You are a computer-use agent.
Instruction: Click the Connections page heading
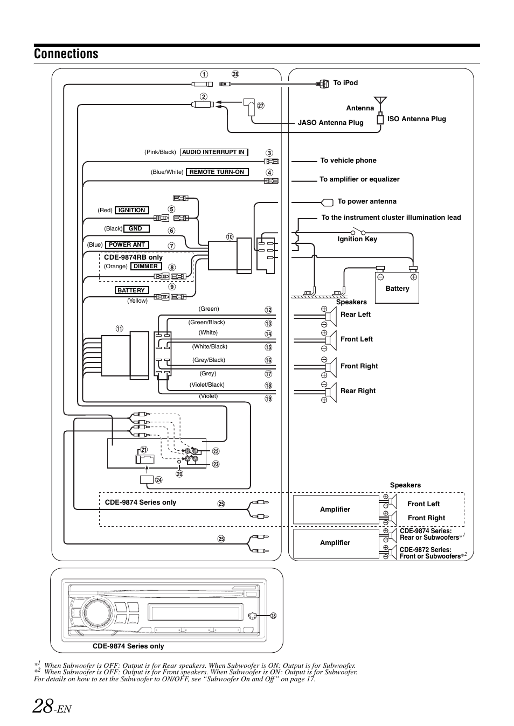[x=66, y=54]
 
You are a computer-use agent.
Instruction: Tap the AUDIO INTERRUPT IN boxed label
[x=213, y=152]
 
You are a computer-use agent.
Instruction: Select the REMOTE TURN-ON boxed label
[x=217, y=172]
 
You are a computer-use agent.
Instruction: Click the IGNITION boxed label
[x=132, y=211]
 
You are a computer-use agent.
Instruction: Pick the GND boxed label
[x=135, y=229]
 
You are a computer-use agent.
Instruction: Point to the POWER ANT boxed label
[x=127, y=245]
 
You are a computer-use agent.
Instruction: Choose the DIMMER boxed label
[x=146, y=267]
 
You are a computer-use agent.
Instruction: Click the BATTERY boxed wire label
[x=131, y=290]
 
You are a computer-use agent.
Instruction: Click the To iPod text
[x=345, y=83]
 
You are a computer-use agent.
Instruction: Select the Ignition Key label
[x=357, y=239]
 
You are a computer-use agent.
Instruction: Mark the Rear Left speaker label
[x=356, y=315]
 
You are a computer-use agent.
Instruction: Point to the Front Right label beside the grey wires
[x=359, y=366]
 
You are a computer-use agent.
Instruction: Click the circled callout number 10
[x=230, y=237]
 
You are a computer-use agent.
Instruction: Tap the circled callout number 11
[x=119, y=329]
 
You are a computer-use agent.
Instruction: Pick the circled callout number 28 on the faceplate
[x=273, y=616]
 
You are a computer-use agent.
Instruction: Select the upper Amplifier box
[x=336, y=509]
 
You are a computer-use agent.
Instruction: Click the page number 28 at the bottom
[x=43, y=705]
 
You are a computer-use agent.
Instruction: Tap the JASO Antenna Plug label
[x=330, y=123]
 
